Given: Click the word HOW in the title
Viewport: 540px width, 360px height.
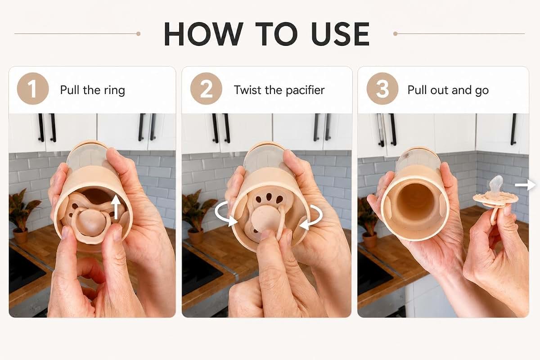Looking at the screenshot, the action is click(x=204, y=34).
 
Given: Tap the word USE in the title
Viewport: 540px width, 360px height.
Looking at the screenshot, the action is click(x=340, y=34).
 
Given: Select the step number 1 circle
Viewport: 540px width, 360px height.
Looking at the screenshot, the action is click(x=33, y=89).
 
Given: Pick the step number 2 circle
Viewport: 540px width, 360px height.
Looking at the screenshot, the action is click(x=206, y=89).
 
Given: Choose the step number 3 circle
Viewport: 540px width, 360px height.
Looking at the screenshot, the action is click(x=382, y=89).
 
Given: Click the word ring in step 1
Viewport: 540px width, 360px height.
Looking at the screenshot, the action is click(x=114, y=91).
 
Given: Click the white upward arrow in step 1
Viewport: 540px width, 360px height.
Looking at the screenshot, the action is click(x=116, y=207).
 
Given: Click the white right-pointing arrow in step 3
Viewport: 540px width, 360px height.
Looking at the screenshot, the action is click(x=525, y=185).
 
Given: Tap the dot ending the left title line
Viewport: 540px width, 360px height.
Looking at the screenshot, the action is click(x=139, y=34).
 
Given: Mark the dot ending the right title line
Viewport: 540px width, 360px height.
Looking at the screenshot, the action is click(x=396, y=34).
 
